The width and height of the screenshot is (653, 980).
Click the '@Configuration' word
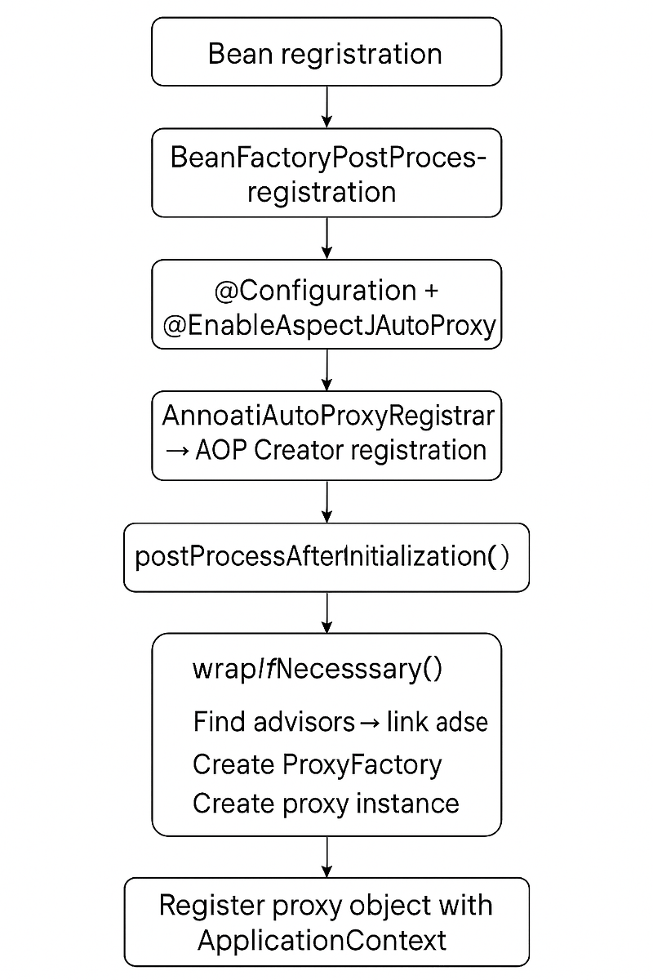tap(314, 291)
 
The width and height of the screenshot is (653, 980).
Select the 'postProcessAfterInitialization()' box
tap(326, 558)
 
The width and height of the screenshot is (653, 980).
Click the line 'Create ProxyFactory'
tap(317, 764)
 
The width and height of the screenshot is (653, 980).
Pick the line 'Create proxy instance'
tap(325, 804)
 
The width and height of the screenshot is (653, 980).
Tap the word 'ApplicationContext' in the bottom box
tap(322, 940)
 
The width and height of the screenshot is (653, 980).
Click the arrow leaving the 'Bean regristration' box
tap(326, 106)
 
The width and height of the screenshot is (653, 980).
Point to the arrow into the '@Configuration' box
tap(326, 238)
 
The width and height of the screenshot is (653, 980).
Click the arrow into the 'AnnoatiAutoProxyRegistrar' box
tap(326, 371)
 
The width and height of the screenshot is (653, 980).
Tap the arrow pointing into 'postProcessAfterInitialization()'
tap(326, 501)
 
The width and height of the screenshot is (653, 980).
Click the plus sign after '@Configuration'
tap(429, 292)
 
